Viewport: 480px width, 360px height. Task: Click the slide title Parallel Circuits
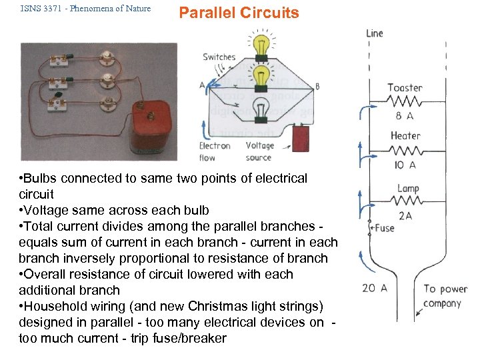point(239,13)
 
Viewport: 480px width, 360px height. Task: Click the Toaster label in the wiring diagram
point(405,87)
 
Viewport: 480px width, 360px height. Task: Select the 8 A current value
point(405,115)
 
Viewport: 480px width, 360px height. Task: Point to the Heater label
point(405,135)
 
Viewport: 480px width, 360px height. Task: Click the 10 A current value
point(405,165)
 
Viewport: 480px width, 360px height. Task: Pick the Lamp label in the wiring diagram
point(407,189)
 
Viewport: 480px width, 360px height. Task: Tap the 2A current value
point(406,215)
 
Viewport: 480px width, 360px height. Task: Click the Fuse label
point(383,228)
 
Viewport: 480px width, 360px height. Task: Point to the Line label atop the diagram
point(375,33)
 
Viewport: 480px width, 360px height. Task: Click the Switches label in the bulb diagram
point(219,57)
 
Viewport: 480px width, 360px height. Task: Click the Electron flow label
point(215,151)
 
